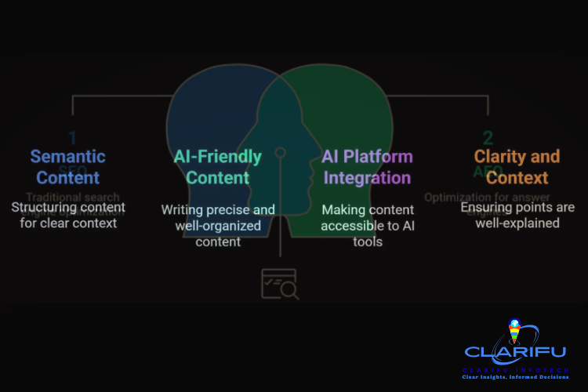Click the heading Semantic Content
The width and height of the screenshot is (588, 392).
[67, 166]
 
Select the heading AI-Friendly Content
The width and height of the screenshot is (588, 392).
[217, 166]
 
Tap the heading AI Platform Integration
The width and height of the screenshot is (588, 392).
[367, 166]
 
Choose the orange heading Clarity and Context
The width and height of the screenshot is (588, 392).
[517, 166]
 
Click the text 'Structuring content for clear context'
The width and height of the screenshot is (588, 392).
[65, 215]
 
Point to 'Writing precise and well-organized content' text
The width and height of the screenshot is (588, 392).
[218, 226]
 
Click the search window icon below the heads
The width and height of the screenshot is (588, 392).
[279, 284]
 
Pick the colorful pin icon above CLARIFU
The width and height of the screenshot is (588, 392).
[514, 331]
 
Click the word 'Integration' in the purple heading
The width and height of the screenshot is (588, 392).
[367, 176]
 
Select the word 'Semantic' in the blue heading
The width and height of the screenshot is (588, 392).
[67, 156]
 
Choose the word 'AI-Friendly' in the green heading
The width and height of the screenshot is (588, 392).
[217, 156]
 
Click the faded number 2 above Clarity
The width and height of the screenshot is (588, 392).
[488, 138]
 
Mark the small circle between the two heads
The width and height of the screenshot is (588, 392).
[280, 152]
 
